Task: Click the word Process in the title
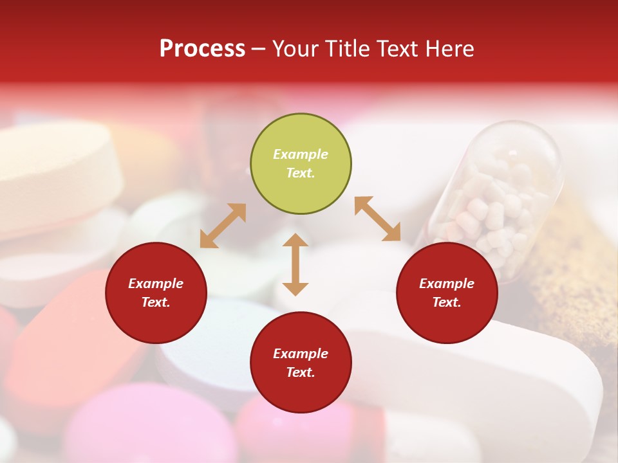(x=202, y=49)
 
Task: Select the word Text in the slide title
(x=395, y=49)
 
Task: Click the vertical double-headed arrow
(x=295, y=264)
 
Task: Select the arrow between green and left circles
(x=223, y=226)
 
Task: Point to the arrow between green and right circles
(x=377, y=219)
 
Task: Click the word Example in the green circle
(x=301, y=154)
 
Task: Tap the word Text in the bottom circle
(x=301, y=372)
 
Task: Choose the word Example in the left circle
(x=156, y=284)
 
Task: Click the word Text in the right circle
(x=447, y=302)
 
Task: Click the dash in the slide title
(x=259, y=49)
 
